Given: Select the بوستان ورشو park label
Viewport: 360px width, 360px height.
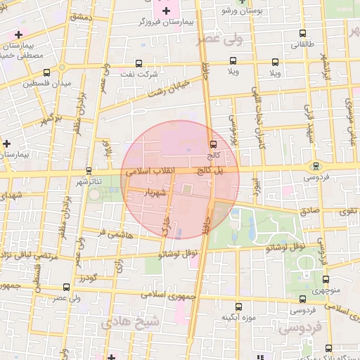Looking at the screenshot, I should click(x=241, y=12).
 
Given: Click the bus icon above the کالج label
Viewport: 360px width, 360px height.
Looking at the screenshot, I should click(x=213, y=143).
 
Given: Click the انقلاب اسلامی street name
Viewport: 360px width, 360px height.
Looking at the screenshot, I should click(x=153, y=172).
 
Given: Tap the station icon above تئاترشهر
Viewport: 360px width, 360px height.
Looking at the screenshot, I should click(x=89, y=170).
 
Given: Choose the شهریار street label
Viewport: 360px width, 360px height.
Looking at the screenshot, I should click(x=153, y=191).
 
